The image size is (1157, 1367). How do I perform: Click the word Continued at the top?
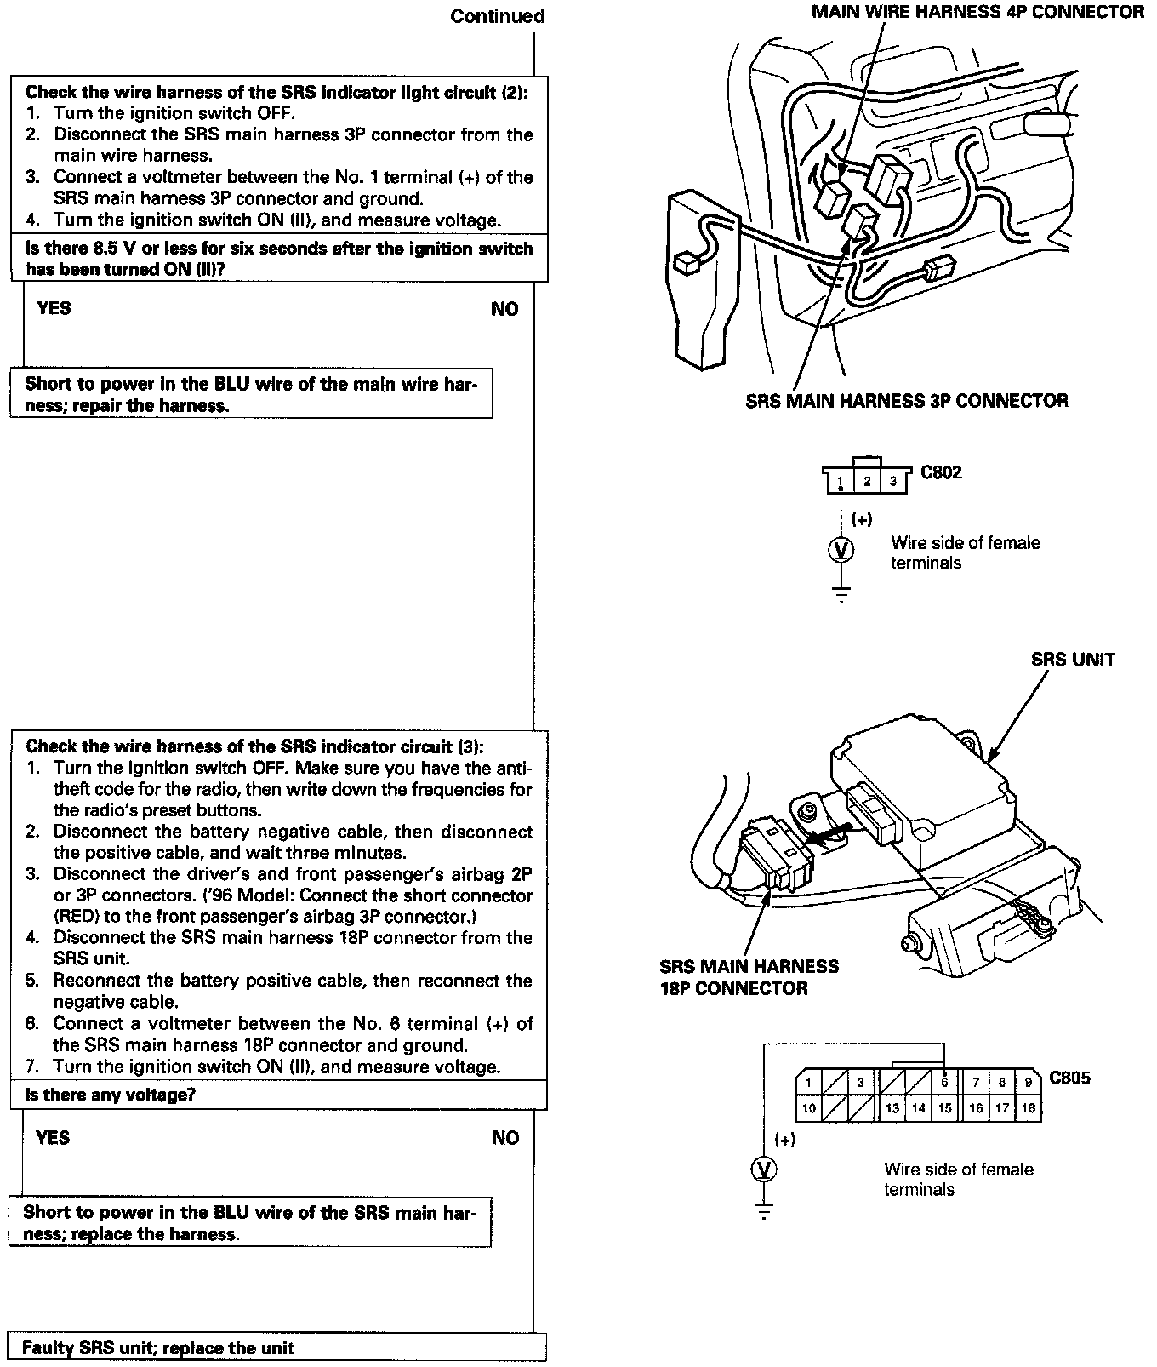coord(497,16)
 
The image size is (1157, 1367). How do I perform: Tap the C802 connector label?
coord(941,472)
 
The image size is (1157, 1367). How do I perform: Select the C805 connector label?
coord(1069,1078)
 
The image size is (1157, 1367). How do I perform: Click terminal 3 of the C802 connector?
coord(893,482)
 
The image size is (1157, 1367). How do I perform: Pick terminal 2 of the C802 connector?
coord(867,481)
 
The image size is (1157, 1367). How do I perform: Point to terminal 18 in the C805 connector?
coord(1028,1108)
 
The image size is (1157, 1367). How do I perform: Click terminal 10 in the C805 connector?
coord(809,1108)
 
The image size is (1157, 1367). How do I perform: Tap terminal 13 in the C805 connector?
coord(892,1108)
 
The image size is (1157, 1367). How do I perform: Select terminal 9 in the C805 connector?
coord(1028,1083)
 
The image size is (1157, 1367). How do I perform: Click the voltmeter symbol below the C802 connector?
coord(841,551)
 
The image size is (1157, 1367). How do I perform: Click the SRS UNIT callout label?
coord(1072,660)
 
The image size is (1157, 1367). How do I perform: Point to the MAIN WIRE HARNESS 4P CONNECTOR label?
coord(977,12)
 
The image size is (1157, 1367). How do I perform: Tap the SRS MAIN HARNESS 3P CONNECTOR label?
coord(906,400)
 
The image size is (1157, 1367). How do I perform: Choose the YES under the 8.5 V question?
coord(54,308)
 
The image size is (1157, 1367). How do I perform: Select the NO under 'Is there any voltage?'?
coord(504,1138)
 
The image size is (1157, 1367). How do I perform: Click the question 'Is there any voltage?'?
coord(111,1095)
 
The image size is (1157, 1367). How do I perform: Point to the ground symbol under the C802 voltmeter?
coord(841,594)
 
